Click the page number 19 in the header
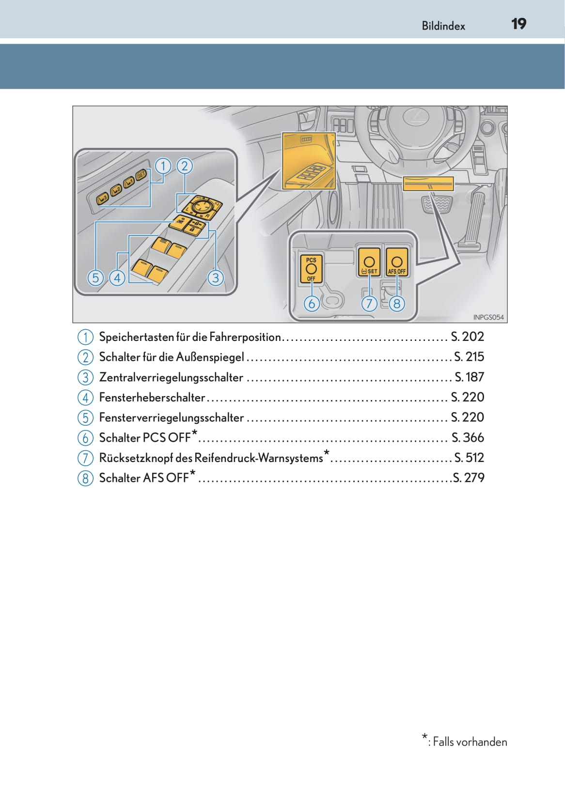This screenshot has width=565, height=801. click(x=518, y=24)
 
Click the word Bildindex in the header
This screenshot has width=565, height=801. click(x=443, y=26)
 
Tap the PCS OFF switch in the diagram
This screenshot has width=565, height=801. click(x=311, y=269)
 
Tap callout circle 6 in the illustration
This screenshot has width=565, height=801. click(x=312, y=304)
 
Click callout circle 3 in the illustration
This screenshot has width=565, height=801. click(x=216, y=278)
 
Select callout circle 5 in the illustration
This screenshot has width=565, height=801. click(x=95, y=278)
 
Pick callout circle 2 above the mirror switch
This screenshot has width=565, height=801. click(x=184, y=166)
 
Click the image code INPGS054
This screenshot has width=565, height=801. click(x=488, y=317)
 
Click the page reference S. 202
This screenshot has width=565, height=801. click(x=467, y=337)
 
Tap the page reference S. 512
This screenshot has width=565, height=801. click(x=469, y=458)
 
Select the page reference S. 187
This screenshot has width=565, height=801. click(x=469, y=377)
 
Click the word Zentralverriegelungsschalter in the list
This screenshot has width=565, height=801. click(x=171, y=377)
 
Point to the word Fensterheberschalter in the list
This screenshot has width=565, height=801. click(x=152, y=398)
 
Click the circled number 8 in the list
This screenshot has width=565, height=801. click(x=85, y=478)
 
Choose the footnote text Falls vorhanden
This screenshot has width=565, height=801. click(x=470, y=742)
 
